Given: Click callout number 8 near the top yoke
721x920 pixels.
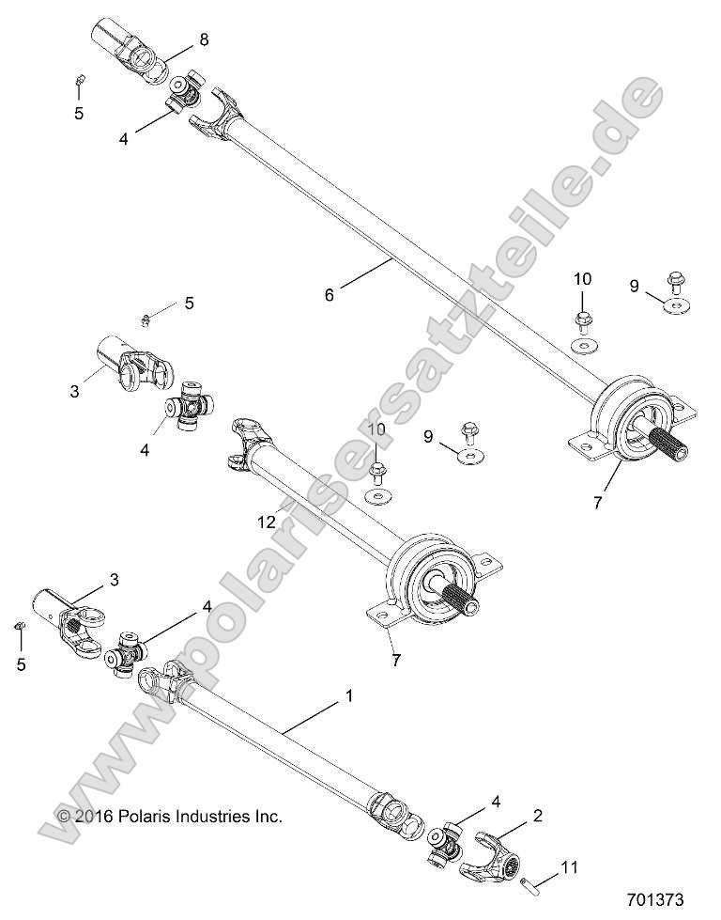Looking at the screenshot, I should coord(204,39).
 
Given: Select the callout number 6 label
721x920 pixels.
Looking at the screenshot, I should coord(329,295).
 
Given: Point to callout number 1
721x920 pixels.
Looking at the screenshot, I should coord(349,697).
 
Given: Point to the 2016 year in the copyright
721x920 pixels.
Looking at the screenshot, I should coord(94,817).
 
